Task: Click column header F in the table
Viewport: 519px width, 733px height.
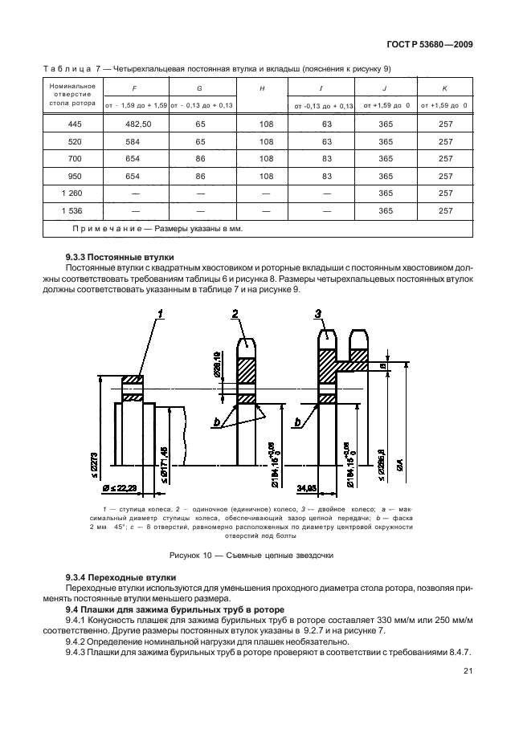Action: pyautogui.click(x=136, y=89)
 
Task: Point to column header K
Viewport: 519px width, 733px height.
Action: pyautogui.click(x=443, y=89)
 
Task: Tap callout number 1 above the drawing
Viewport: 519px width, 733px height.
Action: pyautogui.click(x=160, y=313)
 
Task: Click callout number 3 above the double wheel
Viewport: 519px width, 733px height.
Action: pyautogui.click(x=319, y=313)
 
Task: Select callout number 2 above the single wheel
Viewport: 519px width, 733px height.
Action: pyautogui.click(x=236, y=313)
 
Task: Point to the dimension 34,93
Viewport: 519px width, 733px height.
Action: pyautogui.click(x=305, y=487)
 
